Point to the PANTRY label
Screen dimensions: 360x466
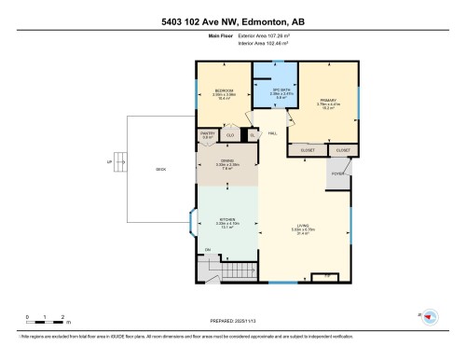point(207,134)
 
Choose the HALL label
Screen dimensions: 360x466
point(272,134)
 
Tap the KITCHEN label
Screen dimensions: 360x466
point(226,222)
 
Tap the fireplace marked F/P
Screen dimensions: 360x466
point(326,276)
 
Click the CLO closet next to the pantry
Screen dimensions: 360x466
point(230,134)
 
